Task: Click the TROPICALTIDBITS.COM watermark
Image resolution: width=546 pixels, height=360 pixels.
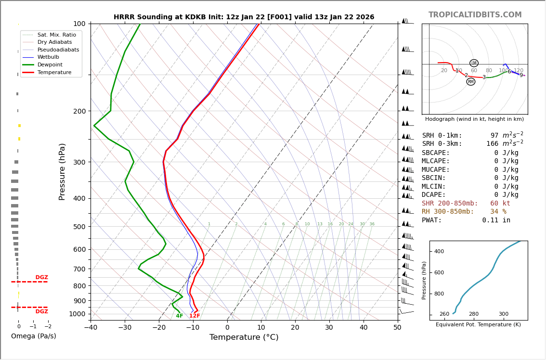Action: [x=475, y=15]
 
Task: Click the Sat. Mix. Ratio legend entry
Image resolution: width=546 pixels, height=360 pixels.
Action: [x=56, y=35]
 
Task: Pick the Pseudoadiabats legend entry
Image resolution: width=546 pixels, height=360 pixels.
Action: [x=58, y=50]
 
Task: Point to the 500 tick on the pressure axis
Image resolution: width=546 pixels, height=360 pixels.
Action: [x=79, y=227]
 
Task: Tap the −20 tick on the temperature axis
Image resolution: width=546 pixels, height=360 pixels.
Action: [x=159, y=328]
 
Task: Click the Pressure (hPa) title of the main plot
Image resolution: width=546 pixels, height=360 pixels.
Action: [x=62, y=171]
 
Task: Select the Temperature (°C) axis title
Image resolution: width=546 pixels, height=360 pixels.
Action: [x=244, y=337]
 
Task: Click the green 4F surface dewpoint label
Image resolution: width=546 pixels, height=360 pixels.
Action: [x=179, y=316]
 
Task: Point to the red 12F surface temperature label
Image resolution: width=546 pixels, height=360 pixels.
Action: [x=195, y=316]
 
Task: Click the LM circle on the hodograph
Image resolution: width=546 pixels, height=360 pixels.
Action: [x=474, y=63]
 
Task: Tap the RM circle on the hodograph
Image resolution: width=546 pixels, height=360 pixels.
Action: [x=470, y=82]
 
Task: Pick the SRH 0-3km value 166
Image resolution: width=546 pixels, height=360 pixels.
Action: [x=492, y=144]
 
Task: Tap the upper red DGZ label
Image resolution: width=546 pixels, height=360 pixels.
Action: [x=41, y=278]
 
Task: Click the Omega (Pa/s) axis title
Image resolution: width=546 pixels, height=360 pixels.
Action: [x=33, y=336]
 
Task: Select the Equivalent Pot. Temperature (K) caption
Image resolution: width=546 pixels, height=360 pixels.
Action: [x=478, y=325]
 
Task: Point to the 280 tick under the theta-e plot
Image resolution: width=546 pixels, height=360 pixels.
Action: [x=474, y=314]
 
